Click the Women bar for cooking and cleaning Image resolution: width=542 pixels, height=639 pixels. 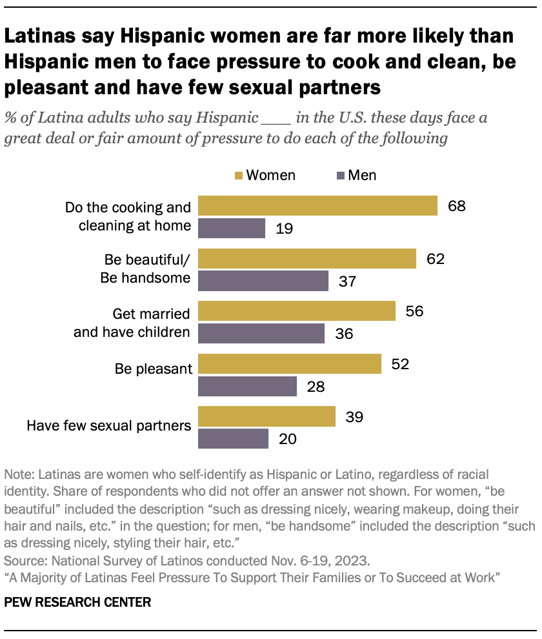[x=317, y=205]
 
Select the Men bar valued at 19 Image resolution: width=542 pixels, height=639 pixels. [x=232, y=228]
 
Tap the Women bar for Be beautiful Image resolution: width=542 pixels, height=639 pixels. [x=307, y=259]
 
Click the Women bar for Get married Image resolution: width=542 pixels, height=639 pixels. [x=297, y=311]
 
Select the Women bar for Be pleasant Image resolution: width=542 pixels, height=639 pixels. [x=290, y=364]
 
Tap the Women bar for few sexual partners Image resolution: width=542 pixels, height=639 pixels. [x=266, y=416]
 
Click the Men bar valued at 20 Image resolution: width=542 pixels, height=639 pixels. [x=233, y=439]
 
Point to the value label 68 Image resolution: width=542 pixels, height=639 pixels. [x=456, y=206]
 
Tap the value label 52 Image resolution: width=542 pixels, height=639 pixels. [x=400, y=364]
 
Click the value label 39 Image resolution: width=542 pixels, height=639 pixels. [x=354, y=416]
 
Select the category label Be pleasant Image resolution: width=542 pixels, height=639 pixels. [x=154, y=369]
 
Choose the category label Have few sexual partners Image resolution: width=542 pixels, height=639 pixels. [x=109, y=425]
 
